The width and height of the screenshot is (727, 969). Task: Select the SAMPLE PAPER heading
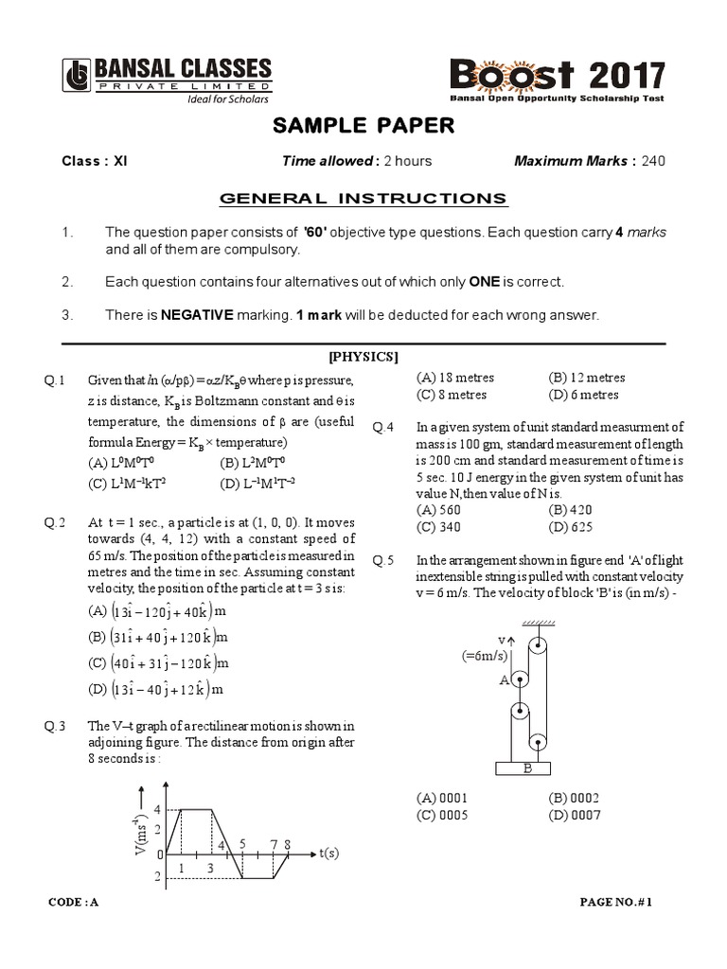tap(363, 126)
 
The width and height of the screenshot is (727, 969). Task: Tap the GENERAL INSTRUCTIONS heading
tap(363, 198)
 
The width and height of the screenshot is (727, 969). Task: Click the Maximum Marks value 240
tap(653, 161)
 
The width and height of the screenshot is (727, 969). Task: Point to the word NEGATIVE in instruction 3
tap(195, 315)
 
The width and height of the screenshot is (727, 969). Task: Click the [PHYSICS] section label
tap(363, 357)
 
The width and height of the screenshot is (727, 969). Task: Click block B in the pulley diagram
tap(527, 768)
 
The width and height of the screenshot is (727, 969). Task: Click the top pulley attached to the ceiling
tap(538, 647)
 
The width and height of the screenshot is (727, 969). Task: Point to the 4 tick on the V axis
tap(157, 809)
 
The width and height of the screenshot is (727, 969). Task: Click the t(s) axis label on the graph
tap(328, 854)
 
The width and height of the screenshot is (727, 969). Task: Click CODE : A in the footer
tap(73, 902)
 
